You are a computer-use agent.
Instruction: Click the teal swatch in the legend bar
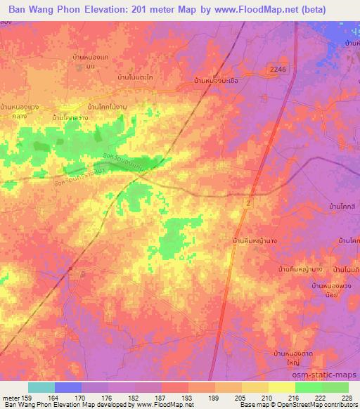coord(41,387)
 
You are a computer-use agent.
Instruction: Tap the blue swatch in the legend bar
coord(68,387)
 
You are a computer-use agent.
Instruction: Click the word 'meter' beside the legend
coord(11,397)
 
